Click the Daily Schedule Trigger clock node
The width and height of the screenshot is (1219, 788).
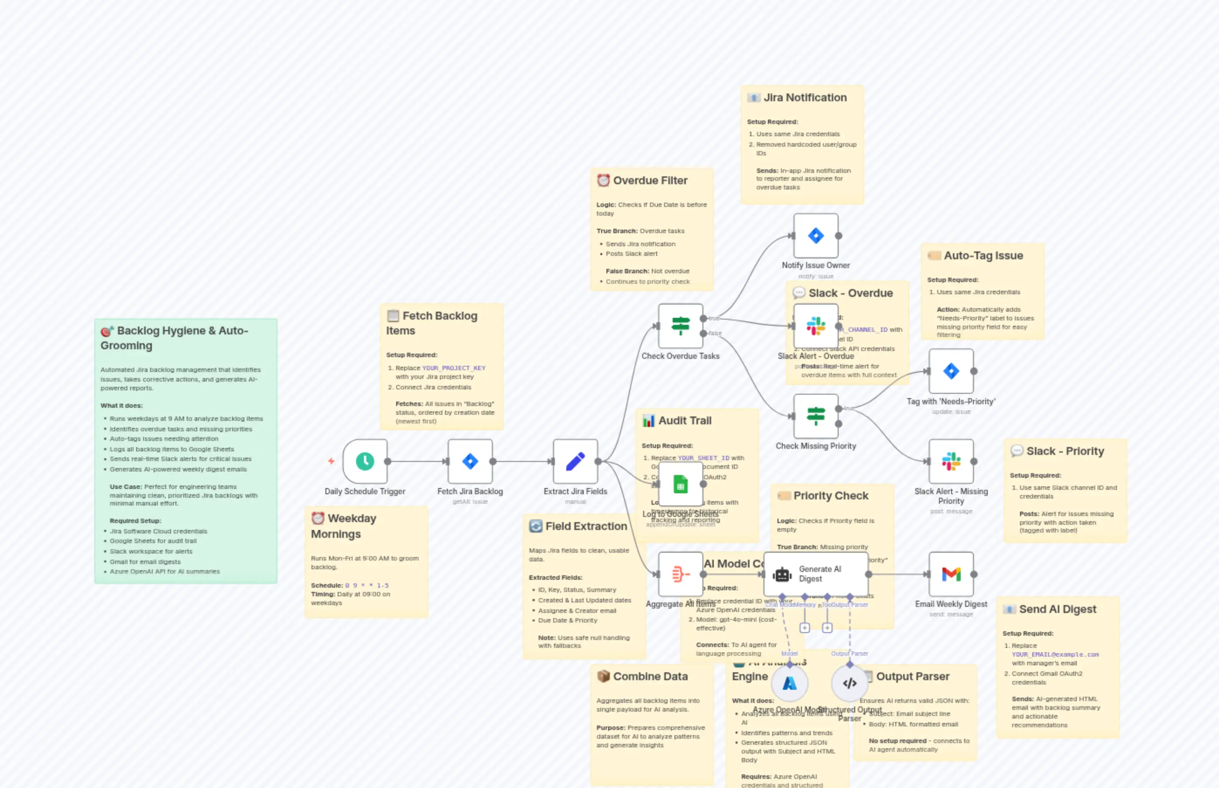tap(365, 461)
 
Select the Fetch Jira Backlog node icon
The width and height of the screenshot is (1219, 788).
tap(470, 461)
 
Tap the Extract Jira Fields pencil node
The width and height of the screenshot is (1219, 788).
tap(575, 461)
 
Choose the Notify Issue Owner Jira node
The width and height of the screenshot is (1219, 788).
tap(815, 236)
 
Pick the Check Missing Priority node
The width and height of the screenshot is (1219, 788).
tap(815, 416)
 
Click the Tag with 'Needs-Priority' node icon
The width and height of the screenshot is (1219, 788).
tap(951, 371)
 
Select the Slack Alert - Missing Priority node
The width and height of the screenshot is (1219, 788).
tap(951, 461)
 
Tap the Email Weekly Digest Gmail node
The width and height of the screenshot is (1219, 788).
tap(951, 574)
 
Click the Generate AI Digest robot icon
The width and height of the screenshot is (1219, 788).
tap(782, 575)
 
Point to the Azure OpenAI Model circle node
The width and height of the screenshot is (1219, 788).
tap(790, 683)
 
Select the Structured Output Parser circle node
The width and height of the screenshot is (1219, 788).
tap(849, 683)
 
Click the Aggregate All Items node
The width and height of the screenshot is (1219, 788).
tap(680, 574)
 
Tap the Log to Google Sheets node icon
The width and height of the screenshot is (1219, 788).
tap(680, 484)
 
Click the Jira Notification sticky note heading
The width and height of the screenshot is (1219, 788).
tap(805, 98)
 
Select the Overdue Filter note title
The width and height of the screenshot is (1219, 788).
tap(650, 181)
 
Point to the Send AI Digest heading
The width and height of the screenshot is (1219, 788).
tap(1058, 609)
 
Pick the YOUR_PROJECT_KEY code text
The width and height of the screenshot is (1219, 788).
tap(454, 368)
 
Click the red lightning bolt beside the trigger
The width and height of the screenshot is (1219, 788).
tap(331, 461)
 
